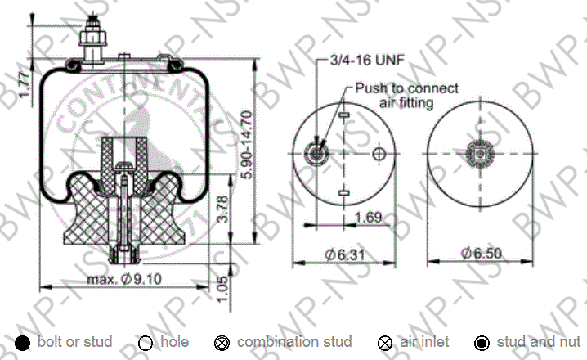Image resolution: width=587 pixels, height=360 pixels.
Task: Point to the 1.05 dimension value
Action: pyautogui.click(x=223, y=287)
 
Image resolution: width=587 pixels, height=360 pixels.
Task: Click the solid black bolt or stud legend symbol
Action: pyautogui.click(x=23, y=343)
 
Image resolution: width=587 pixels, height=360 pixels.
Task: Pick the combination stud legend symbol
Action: pyautogui.click(x=221, y=343)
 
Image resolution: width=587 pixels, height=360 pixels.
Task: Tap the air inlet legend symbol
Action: pyautogui.click(x=385, y=343)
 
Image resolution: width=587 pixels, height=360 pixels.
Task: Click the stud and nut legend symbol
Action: pyautogui.click(x=482, y=343)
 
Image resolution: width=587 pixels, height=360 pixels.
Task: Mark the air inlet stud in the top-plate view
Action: pyautogui.click(x=314, y=153)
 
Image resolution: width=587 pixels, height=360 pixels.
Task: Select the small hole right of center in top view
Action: pyautogui.click(x=378, y=154)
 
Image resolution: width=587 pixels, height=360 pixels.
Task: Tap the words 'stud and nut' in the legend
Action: pyautogui.click(x=535, y=342)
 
